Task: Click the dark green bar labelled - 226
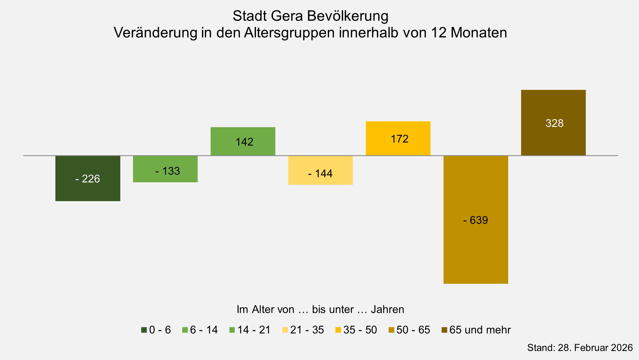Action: tap(88, 178)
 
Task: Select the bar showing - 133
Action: tap(165, 169)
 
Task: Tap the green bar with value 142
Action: tap(243, 141)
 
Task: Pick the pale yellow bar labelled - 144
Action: tap(321, 170)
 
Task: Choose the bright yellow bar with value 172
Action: tap(398, 138)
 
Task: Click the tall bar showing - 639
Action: tap(476, 220)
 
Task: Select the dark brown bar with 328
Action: tap(553, 123)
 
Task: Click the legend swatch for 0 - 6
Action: tap(144, 330)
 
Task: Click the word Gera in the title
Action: tap(287, 16)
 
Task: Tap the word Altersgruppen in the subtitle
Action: tap(289, 33)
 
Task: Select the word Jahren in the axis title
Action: tap(387, 309)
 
